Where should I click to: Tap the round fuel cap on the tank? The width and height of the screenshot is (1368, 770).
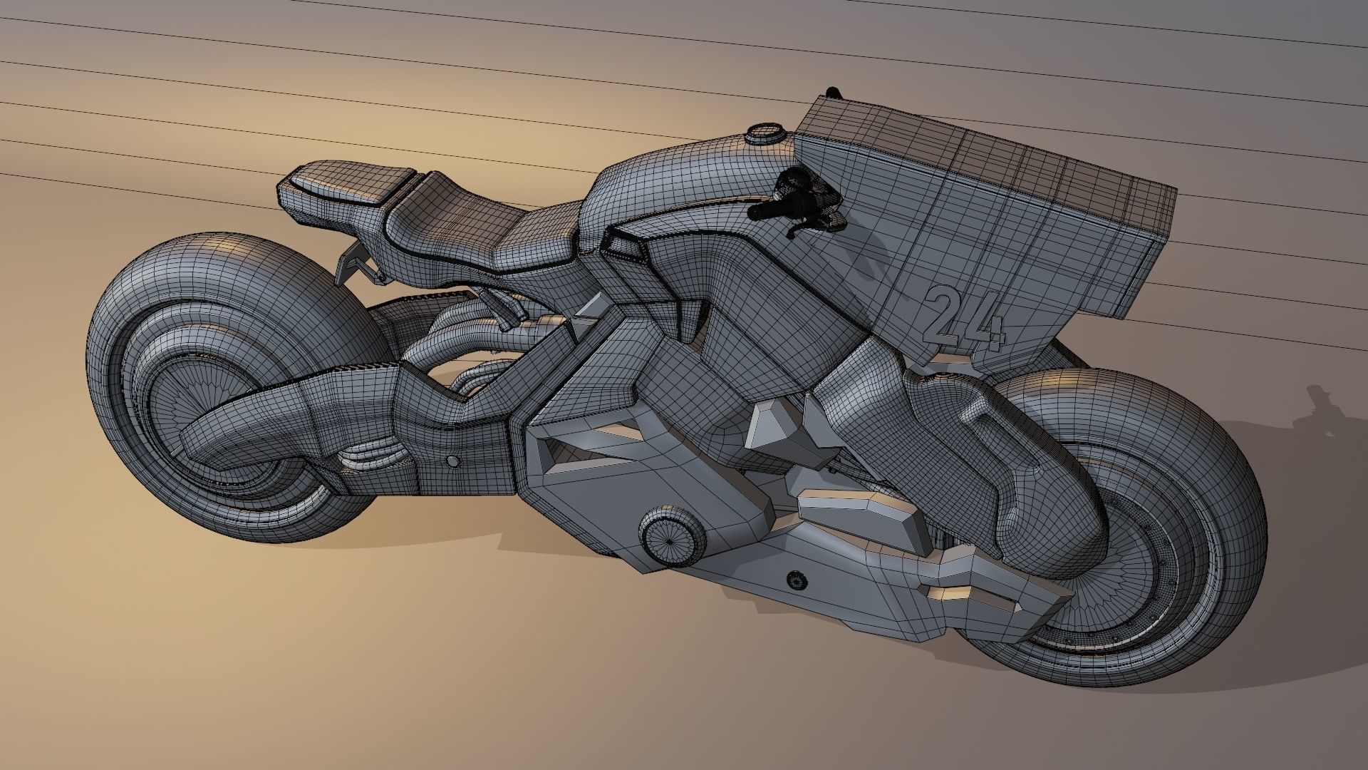point(767,133)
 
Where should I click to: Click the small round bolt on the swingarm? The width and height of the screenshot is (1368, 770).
point(451,462)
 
